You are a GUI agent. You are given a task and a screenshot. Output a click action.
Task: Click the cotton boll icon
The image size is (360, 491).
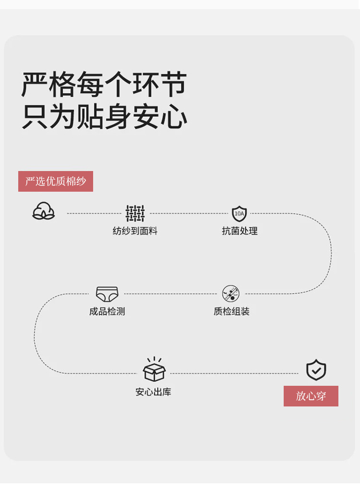click(x=44, y=211)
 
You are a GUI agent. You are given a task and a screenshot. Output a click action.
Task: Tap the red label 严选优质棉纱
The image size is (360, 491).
click(x=56, y=181)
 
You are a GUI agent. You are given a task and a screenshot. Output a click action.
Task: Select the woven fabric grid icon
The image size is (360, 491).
click(x=135, y=213)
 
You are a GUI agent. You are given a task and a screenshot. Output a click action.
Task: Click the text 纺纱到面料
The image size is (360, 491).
click(x=135, y=231)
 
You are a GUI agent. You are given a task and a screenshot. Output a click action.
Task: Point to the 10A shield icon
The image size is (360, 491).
click(x=239, y=213)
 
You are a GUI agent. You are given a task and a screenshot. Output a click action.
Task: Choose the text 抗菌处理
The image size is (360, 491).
click(x=240, y=231)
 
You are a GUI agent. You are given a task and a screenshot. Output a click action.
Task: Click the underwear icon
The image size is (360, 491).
click(x=107, y=294)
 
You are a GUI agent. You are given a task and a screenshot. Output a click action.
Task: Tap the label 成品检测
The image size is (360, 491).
click(x=107, y=311)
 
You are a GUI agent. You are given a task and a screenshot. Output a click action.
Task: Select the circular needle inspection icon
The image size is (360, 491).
click(x=231, y=294)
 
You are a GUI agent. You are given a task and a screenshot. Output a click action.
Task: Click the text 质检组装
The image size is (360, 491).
click(x=231, y=311)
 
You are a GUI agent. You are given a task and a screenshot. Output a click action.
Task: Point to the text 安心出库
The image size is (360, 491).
click(x=153, y=392)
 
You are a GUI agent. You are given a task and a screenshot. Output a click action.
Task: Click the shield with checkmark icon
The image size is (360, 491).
click(x=316, y=370)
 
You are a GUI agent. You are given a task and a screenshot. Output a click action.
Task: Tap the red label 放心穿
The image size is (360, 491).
click(x=311, y=396)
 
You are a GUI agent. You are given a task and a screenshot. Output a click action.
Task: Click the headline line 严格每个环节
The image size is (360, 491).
click(x=104, y=85)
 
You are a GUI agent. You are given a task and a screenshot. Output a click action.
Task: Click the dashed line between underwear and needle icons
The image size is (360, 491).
click(x=170, y=294)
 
